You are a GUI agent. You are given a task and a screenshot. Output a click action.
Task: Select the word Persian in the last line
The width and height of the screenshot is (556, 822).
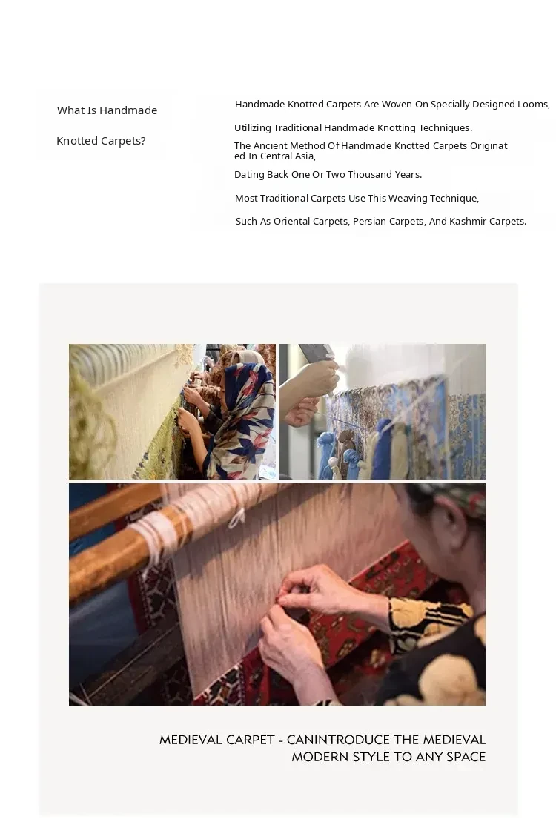[370, 221]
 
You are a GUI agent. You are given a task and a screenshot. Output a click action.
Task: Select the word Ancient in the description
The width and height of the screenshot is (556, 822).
[270, 146]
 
